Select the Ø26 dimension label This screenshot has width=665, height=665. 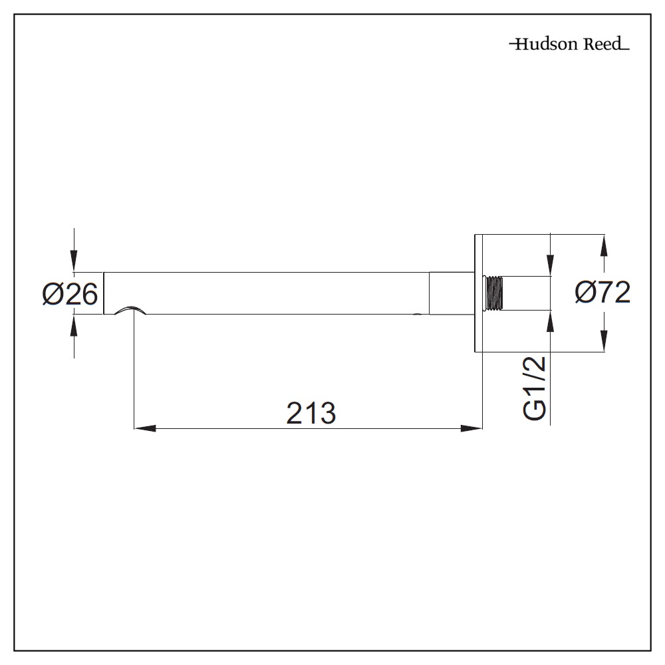tap(70, 293)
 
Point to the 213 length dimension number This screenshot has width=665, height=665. tap(311, 414)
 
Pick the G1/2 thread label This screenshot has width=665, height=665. tap(536, 388)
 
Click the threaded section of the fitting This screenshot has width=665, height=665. tap(493, 293)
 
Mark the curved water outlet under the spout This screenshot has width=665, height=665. tap(130, 310)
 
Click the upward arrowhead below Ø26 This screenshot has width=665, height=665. tap(74, 325)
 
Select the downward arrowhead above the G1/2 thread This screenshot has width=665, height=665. tap(551, 265)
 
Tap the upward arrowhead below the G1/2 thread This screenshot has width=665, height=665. tap(551, 321)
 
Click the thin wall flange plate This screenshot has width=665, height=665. tap(477, 293)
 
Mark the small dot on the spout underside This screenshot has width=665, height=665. tap(418, 314)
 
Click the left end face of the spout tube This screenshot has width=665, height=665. tap(104, 293)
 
